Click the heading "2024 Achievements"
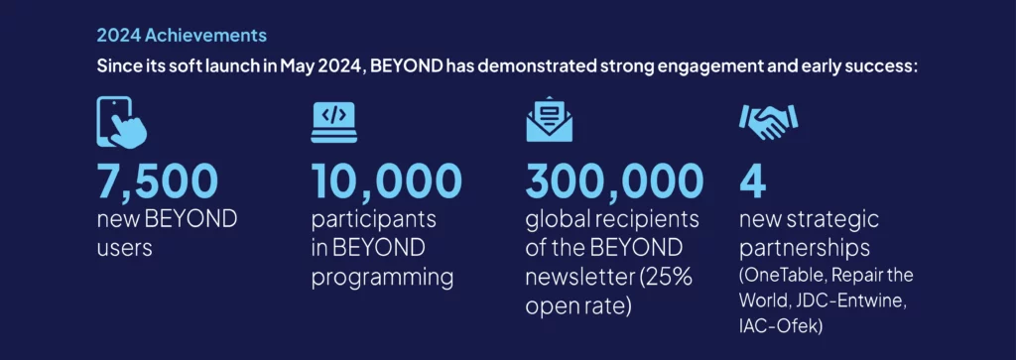tap(182, 36)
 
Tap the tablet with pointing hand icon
tap(120, 122)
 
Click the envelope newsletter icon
tap(549, 119)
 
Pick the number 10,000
tap(387, 180)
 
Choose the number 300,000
tap(614, 180)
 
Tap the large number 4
tap(754, 180)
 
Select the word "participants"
tap(373, 218)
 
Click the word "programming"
tap(383, 276)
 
